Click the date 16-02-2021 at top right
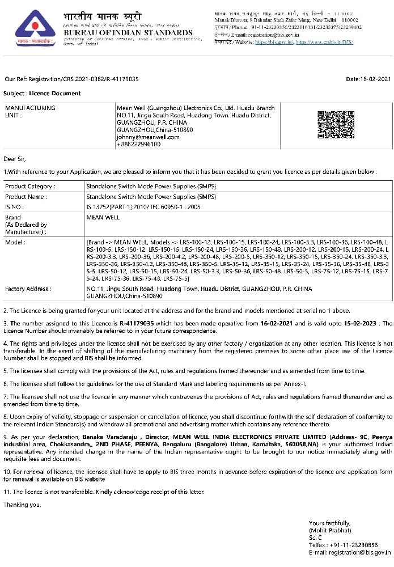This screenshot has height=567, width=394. click(x=368, y=79)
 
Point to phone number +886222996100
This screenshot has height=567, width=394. click(x=138, y=144)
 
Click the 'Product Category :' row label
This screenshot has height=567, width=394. click(x=30, y=186)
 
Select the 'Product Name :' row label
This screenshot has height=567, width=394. click(x=26, y=197)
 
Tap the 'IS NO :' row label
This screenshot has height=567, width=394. click(x=16, y=207)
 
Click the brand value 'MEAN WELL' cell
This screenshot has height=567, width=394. click(x=103, y=217)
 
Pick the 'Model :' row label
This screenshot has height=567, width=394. click(x=15, y=242)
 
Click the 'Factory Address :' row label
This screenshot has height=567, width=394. click(x=28, y=289)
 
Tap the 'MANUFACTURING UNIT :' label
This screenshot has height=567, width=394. click(x=30, y=111)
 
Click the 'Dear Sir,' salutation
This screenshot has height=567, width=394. click(x=15, y=159)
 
